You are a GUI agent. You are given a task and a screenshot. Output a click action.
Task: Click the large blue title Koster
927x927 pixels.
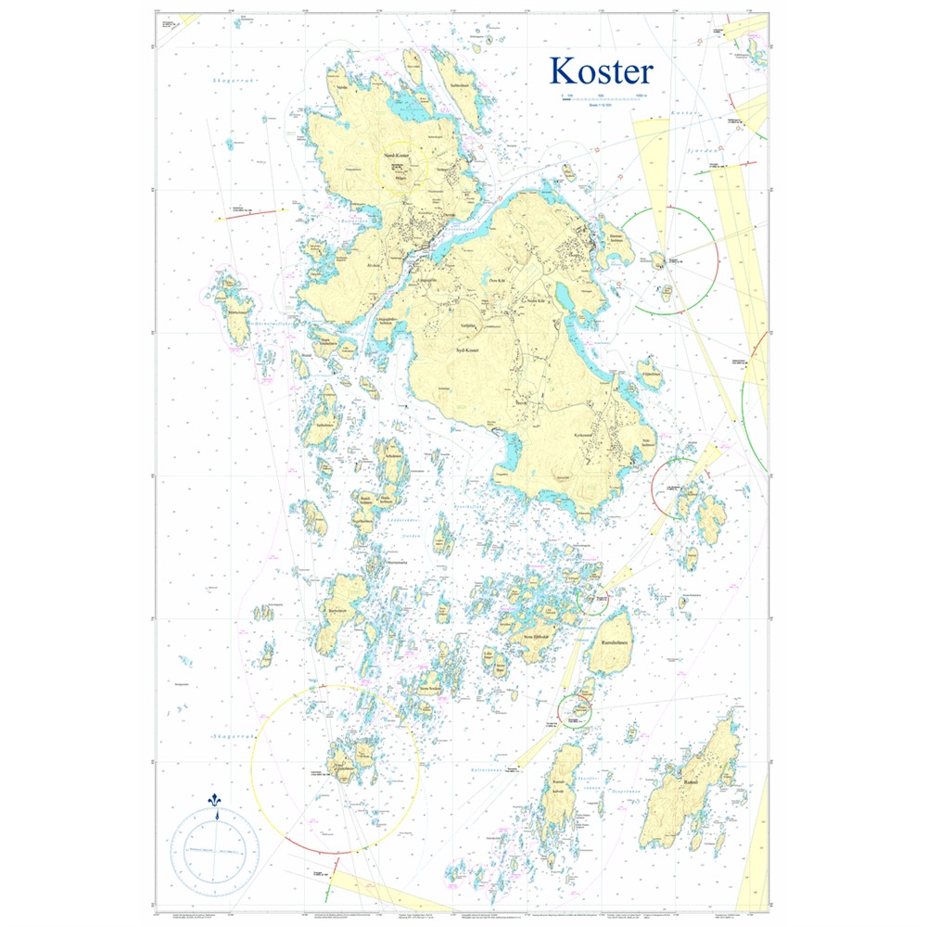pos(601,71)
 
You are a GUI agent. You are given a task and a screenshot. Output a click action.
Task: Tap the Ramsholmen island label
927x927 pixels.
pos(612,645)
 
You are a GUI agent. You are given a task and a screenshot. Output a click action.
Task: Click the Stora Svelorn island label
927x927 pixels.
pos(430,689)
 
